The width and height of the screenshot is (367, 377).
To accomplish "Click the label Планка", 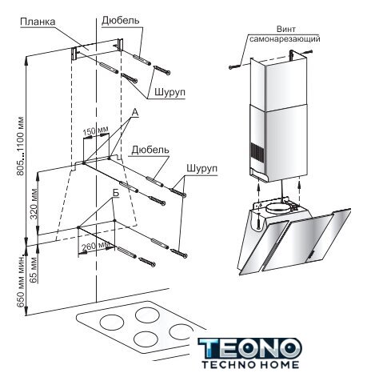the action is click(38, 22).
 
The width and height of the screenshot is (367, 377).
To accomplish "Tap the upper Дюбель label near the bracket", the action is click(121, 21).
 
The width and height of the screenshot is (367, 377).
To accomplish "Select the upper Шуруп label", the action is click(170, 92).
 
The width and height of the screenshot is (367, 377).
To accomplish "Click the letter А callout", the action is click(135, 113).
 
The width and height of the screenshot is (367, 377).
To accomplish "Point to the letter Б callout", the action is click(115, 194).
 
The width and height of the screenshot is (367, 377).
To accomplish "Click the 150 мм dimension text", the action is click(95, 131).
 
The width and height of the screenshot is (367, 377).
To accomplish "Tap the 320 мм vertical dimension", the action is click(34, 203).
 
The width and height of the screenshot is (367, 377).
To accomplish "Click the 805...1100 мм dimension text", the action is click(20, 146).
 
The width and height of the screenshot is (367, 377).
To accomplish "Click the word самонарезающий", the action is click(285, 39).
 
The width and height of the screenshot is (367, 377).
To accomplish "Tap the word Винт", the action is click(285, 29).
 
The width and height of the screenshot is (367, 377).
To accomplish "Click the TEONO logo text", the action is click(249, 348).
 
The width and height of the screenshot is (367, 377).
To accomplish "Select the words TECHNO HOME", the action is click(250, 365).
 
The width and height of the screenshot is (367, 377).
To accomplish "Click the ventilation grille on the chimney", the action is click(257, 154).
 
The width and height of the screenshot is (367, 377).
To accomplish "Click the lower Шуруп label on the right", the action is click(202, 168).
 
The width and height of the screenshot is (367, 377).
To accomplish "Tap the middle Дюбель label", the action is click(150, 150).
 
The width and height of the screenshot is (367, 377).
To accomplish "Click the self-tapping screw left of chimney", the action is click(234, 66).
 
